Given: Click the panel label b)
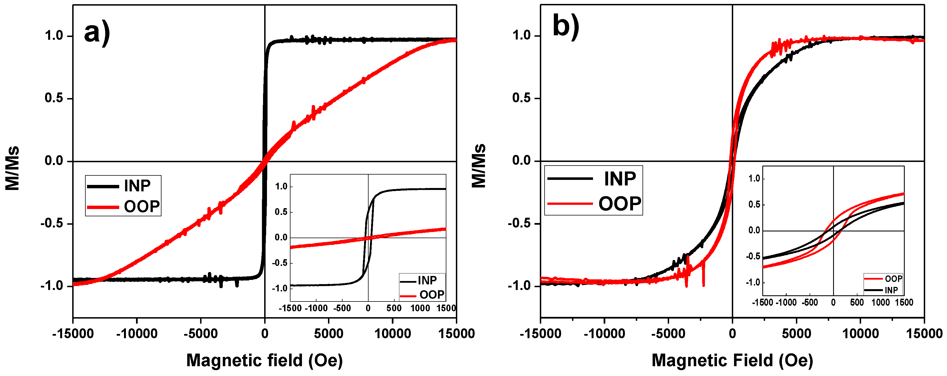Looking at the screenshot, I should pos(566,27).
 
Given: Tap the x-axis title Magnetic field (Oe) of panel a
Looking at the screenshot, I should pos(264,360).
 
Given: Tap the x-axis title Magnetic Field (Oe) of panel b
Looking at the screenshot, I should pos(732,360).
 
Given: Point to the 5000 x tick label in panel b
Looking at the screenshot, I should pos(796,334).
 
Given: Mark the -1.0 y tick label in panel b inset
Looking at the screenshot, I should pos(753,282).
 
